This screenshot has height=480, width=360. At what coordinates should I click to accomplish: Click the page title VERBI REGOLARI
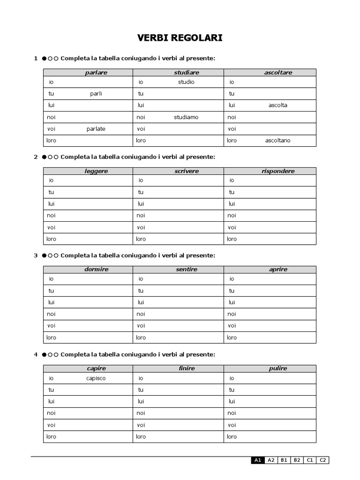[180, 38]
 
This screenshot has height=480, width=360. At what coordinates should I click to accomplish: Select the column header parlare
[96, 73]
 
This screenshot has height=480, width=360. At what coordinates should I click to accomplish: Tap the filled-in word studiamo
[186, 117]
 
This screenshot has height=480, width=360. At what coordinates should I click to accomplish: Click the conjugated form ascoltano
[277, 141]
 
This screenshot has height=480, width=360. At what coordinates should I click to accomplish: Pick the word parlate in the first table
[96, 129]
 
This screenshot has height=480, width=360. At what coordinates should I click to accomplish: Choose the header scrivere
[187, 171]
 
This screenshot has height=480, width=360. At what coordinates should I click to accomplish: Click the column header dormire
[96, 270]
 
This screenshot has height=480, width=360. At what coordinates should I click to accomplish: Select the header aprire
[278, 270]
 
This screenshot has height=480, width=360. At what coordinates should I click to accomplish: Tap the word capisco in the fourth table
[96, 378]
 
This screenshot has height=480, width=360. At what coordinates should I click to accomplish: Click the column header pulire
[278, 368]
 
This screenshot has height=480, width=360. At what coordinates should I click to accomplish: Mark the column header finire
[187, 368]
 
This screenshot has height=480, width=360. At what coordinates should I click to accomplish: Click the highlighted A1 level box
[257, 460]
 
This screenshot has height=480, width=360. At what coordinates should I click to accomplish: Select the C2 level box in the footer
[323, 460]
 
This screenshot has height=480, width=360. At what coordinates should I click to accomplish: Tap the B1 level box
[284, 460]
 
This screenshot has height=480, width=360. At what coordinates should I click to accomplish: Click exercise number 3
[36, 255]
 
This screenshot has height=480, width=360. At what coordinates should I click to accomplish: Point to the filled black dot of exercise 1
[44, 59]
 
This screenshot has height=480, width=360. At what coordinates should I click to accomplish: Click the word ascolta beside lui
[278, 105]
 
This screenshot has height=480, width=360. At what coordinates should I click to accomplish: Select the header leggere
[96, 171]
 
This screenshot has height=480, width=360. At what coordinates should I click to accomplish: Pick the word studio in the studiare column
[186, 82]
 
